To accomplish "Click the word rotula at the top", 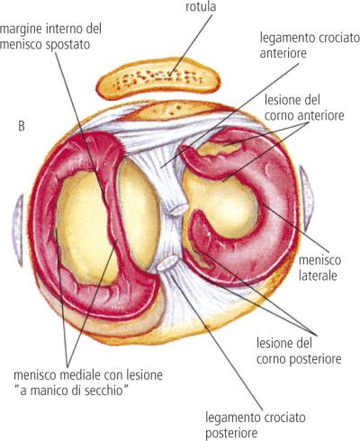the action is click(201, 6).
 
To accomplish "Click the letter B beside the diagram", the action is click(22, 126).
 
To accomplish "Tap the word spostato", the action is click(68, 45).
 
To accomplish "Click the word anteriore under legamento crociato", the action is click(283, 53).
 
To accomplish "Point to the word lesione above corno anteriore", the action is click(283, 100).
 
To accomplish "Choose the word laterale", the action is click(318, 275).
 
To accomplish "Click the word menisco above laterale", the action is click(319, 260).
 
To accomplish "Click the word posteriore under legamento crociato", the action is click(231, 433).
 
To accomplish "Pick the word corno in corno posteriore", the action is click(272, 359).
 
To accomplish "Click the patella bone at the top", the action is click(158, 78).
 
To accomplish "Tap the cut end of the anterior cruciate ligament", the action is click(179, 209).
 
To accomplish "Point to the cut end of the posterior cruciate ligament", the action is click(167, 263).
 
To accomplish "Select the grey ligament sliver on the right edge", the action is click(307, 196).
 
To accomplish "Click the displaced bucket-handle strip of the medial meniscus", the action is click(114, 210).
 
